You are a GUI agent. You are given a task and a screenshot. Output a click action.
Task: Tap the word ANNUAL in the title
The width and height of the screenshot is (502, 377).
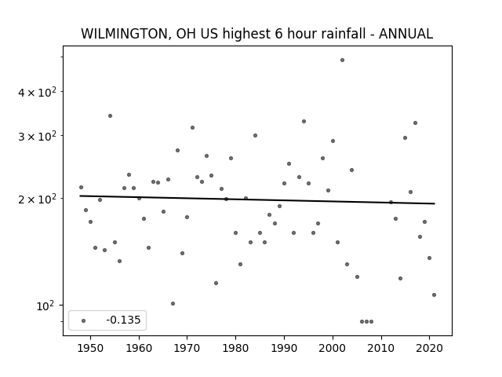tap(406, 34)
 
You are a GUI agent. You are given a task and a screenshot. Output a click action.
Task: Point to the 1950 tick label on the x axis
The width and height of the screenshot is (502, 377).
tap(91, 348)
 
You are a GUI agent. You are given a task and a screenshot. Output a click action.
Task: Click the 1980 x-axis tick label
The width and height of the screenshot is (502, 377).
tap(235, 348)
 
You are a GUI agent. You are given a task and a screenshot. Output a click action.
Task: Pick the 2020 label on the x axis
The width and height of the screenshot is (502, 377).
tap(429, 348)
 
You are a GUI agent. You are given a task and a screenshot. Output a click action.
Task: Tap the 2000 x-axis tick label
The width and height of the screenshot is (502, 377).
tap(333, 348)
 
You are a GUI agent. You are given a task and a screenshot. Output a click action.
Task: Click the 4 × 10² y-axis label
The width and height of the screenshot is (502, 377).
tap(37, 92)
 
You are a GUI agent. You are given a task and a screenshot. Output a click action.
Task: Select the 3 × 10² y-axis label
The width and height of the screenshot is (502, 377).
tap(37, 136)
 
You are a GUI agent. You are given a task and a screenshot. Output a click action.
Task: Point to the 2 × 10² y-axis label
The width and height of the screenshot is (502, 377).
tap(37, 199)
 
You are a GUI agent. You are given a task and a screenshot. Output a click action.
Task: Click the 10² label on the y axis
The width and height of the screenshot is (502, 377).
tap(45, 306)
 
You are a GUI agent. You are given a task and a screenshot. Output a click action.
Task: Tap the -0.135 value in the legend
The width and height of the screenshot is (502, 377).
tap(123, 320)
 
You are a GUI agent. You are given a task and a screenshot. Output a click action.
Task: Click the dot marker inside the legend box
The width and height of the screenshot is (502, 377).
tap(84, 320)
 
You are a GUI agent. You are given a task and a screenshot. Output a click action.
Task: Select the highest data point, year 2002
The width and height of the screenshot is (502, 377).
tap(342, 60)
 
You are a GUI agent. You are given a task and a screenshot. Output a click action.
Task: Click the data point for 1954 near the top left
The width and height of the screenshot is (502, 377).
tap(110, 115)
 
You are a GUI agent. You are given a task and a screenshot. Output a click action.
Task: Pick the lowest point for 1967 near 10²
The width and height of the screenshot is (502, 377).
tap(173, 304)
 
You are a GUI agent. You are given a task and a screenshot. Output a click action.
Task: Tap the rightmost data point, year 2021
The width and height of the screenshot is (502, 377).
tap(434, 295)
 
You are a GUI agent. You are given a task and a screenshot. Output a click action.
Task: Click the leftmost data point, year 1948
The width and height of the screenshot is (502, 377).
tap(81, 187)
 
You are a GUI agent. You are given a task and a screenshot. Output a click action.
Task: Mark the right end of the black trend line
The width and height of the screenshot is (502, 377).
tap(435, 203)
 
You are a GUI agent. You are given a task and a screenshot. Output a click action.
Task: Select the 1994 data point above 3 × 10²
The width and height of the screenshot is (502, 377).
tap(304, 122)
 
